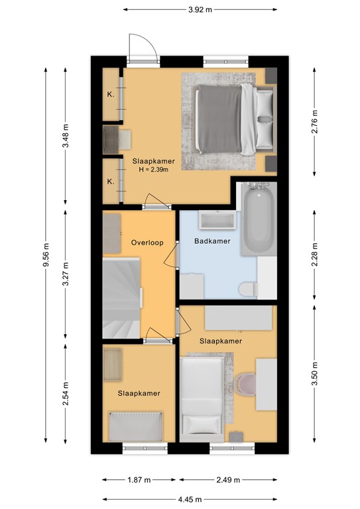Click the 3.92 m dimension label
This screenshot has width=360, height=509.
200,9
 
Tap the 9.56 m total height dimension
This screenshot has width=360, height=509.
46,254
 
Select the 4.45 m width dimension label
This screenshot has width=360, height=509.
190,499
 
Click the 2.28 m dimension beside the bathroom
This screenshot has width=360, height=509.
314,254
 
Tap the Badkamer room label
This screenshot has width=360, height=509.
212,241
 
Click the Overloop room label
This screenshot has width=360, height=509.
147,243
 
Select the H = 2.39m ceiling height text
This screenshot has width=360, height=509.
154,169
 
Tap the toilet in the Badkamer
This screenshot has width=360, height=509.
249,289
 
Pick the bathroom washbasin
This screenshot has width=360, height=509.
217,220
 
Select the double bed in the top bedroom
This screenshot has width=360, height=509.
235,119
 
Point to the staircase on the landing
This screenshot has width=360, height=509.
121,298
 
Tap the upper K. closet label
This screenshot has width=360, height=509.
111,95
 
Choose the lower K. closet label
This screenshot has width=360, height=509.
111,182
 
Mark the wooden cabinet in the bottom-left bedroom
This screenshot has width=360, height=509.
112,365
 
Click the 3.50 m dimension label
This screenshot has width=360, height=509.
314,373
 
